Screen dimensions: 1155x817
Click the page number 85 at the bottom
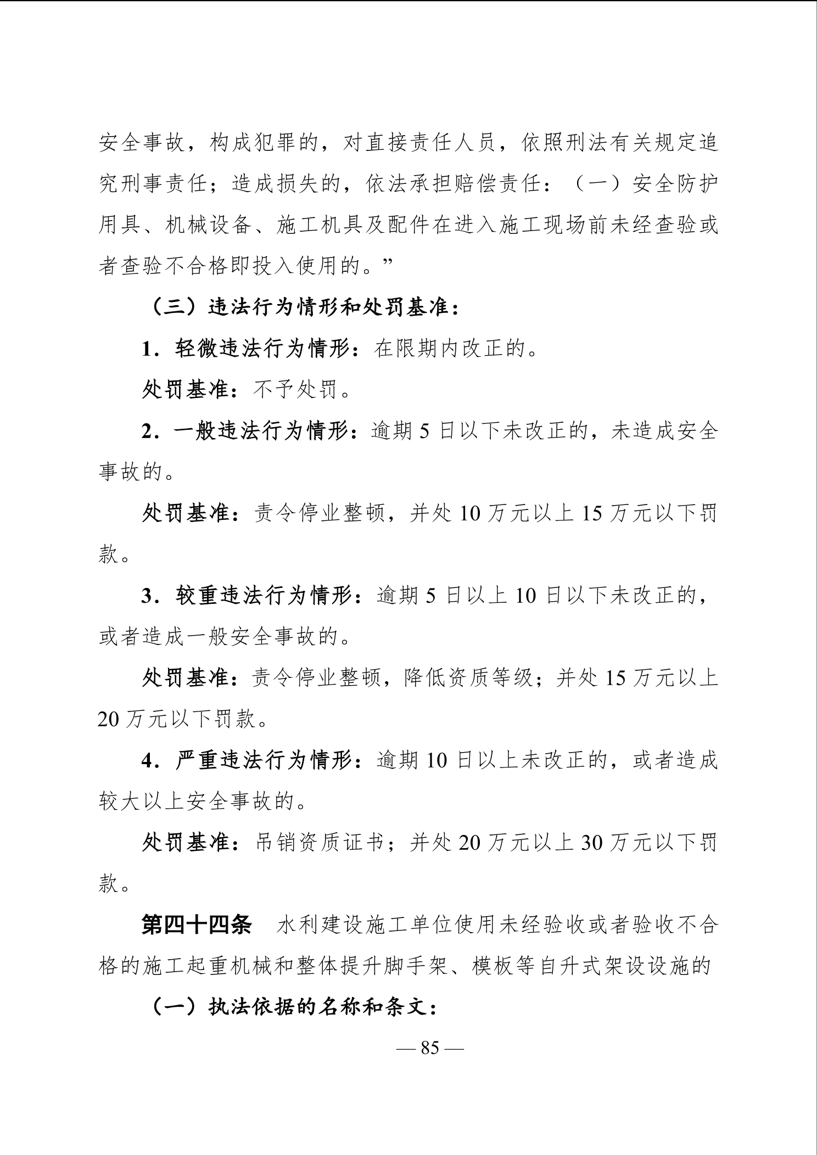(x=430, y=1048)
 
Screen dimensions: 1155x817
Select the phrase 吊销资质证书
(x=320, y=843)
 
